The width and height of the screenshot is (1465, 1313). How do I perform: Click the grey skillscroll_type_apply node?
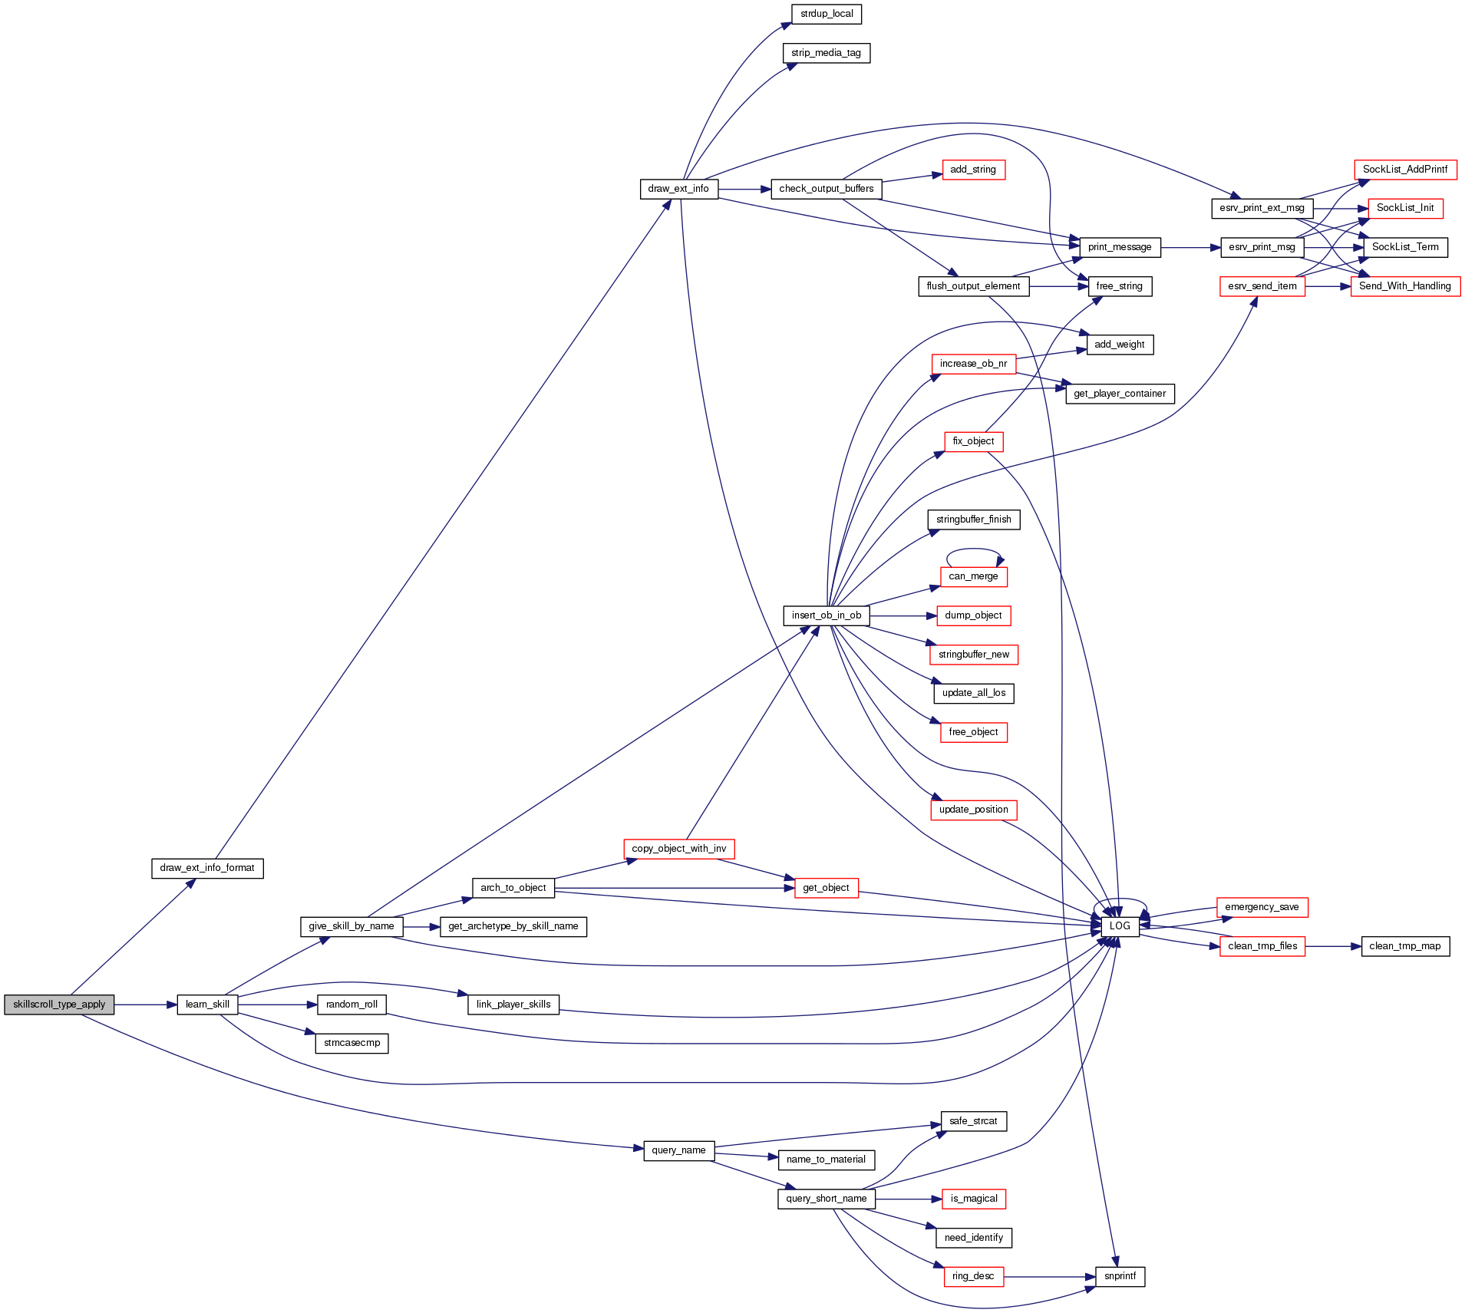tap(59, 1005)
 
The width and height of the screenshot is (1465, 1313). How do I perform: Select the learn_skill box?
tap(207, 1005)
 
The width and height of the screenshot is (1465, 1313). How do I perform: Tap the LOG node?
tap(1120, 926)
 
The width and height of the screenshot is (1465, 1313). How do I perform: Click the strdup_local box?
tap(827, 14)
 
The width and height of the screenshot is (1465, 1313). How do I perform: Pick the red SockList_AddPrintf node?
tap(1404, 170)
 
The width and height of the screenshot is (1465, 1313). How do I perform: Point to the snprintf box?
tap(1120, 1276)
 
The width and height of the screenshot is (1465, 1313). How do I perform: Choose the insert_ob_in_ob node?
tap(827, 615)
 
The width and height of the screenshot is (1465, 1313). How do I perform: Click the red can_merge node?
tap(973, 576)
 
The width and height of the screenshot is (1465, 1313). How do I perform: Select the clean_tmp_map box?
tap(1404, 946)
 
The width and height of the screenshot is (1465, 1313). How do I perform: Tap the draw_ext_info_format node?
tap(207, 868)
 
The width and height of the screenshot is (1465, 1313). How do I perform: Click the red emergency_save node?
tap(1262, 907)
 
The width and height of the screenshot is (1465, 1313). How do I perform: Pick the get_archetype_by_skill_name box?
tap(513, 926)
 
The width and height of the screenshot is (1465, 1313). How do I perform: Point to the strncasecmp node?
tap(351, 1043)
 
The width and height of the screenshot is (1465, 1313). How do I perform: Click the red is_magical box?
tap(973, 1199)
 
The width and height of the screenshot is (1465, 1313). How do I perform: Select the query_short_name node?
tap(827, 1199)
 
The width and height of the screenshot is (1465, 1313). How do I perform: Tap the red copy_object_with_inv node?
tap(679, 849)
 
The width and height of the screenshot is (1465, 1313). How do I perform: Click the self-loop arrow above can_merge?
tap(973, 549)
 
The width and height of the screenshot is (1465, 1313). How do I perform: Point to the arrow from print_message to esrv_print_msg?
tap(1190, 248)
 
